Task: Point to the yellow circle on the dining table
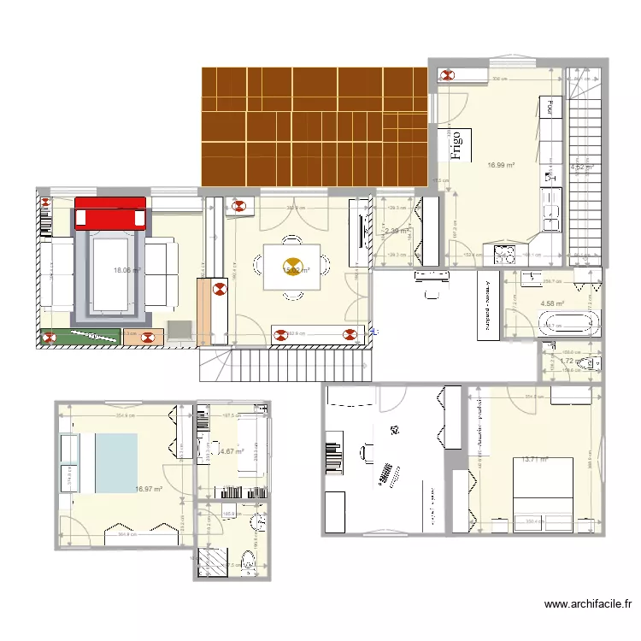(x=292, y=265)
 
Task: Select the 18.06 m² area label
(x=127, y=271)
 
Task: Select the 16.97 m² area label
(x=148, y=490)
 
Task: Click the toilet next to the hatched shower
(x=248, y=562)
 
